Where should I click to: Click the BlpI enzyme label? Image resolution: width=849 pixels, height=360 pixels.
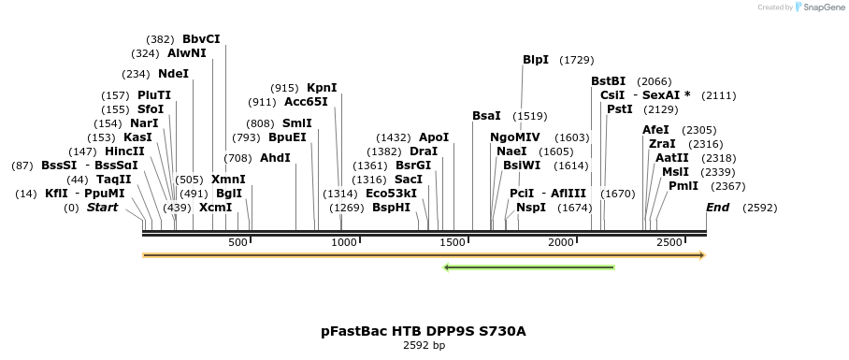[x=536, y=60]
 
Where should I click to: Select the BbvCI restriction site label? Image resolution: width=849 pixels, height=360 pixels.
[x=201, y=39]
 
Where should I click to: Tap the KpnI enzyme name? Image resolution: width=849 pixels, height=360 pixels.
[x=322, y=88]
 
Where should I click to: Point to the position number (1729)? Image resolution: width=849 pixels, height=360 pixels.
[x=576, y=60]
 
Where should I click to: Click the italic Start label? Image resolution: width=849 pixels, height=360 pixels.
[x=102, y=208]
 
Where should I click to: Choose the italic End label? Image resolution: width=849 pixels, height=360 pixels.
[x=717, y=208]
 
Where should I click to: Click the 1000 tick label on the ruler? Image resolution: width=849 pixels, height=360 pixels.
[x=345, y=242]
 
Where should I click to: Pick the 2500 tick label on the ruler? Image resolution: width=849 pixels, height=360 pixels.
[x=669, y=242]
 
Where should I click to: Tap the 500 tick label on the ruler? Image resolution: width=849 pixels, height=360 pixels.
[x=237, y=242]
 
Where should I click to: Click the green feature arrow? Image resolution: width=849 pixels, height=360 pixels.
[x=529, y=267]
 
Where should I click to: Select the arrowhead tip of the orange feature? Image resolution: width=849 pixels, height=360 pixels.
[x=702, y=254]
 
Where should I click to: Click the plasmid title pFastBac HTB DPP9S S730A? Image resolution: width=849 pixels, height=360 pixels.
[x=424, y=331]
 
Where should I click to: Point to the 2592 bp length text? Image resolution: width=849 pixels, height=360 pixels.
[x=424, y=345]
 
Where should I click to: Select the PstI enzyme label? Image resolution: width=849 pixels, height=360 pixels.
[x=620, y=109]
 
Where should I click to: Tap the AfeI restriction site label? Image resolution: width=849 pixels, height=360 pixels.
[x=655, y=130]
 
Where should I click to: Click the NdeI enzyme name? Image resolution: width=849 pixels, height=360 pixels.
[x=173, y=74]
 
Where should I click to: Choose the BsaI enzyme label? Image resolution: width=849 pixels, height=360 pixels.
[x=486, y=116]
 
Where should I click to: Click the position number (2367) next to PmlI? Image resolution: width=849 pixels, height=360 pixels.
[x=701, y=186]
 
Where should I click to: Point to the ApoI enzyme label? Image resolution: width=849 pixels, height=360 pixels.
[x=434, y=137]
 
